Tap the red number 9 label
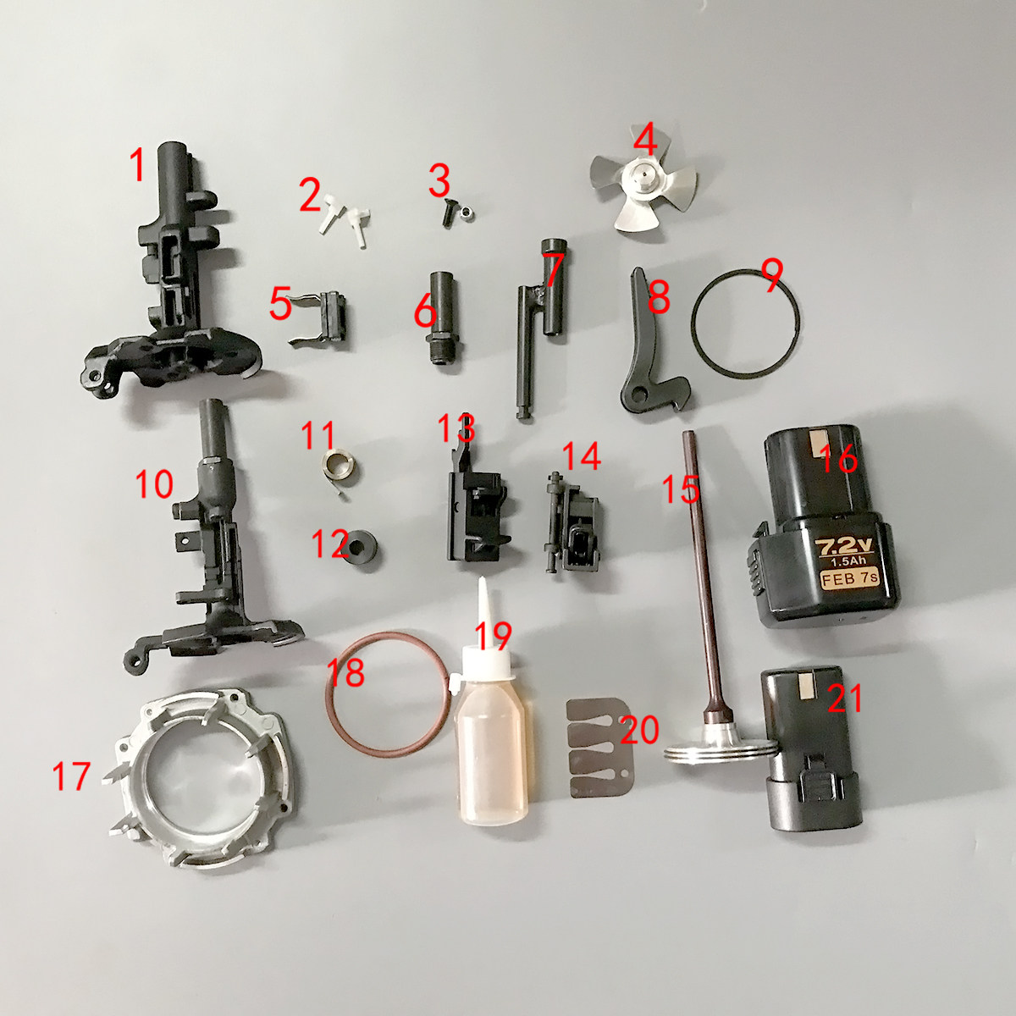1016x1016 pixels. [771, 276]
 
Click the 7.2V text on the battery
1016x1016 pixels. [840, 547]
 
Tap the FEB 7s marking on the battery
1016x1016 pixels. [849, 581]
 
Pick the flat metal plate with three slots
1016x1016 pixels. [598, 750]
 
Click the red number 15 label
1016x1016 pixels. [680, 489]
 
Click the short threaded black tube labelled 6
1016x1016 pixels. [441, 320]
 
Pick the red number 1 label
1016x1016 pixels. [137, 166]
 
